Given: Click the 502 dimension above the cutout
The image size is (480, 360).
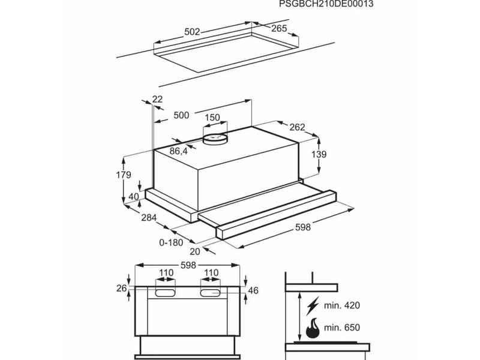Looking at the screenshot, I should click(192, 31).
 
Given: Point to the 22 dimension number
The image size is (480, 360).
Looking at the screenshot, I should click(157, 99).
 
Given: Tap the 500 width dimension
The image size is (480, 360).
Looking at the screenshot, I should click(181, 115).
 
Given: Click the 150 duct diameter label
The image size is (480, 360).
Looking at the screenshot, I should click(212, 118).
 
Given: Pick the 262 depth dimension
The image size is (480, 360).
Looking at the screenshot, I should click(296, 127).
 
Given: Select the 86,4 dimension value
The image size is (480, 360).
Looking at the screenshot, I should click(179, 151).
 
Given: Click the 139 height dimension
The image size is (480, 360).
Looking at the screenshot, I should click(319, 154).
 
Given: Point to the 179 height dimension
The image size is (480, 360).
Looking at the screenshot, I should click(122, 175).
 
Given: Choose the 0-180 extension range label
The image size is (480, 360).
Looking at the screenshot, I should click(170, 242).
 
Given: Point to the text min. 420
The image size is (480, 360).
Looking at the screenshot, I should click(341, 306).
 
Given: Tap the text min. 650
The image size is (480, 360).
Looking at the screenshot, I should click(341, 328).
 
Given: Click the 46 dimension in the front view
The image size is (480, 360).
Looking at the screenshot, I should click(253, 291).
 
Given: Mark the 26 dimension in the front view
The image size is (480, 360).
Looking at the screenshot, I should click(122, 289).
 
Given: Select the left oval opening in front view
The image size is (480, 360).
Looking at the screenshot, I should click(166, 293).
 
